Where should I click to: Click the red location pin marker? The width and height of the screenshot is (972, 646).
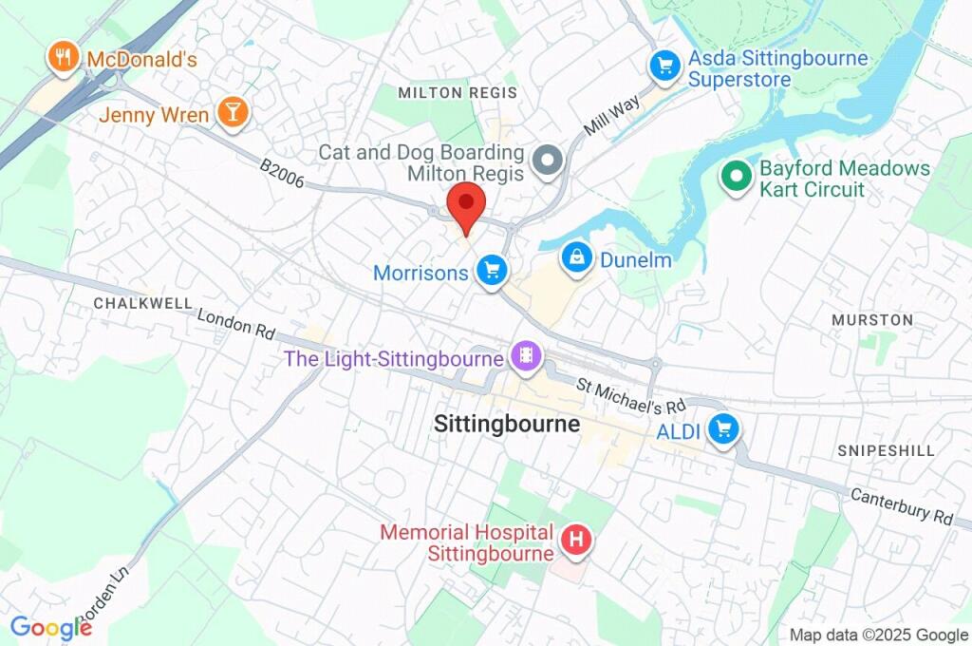coord(466,205)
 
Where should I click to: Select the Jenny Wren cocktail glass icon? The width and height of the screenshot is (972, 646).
coord(231,112)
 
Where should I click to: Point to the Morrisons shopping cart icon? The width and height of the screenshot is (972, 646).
coord(491,272)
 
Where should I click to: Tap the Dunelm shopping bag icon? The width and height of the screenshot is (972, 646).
coord(575,256)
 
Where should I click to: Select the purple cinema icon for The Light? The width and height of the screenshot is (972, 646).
coord(523,358)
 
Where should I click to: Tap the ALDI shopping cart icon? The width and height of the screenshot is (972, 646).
coord(724,429)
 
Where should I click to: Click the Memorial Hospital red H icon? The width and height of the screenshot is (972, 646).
coord(575,541)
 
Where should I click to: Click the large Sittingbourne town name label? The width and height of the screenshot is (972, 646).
coord(506,424)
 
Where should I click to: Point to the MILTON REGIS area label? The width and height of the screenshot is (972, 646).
coord(458,92)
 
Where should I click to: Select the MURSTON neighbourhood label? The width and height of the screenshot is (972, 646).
coord(871,320)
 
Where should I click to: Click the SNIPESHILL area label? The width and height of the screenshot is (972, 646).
coord(886,450)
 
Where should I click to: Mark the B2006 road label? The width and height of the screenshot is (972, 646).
coord(282,174)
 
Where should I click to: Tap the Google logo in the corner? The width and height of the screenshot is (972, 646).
coord(50,627)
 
